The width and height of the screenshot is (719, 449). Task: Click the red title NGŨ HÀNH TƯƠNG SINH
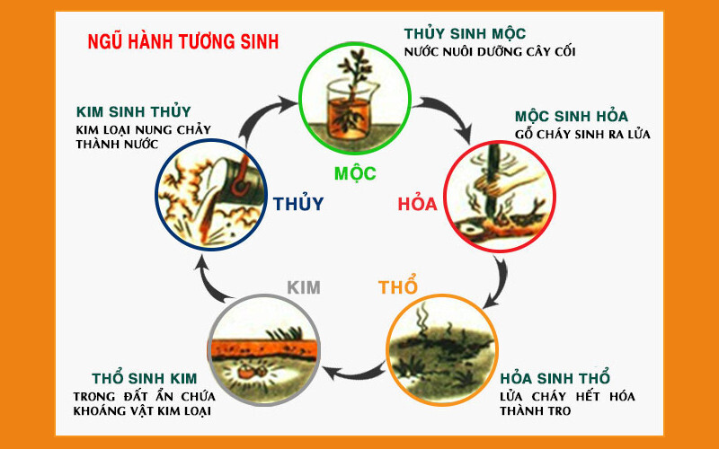pyautogui.click(x=182, y=41)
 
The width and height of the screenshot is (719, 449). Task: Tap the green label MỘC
pyautogui.click(x=355, y=173)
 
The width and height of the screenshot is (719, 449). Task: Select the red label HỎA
pyautogui.click(x=417, y=204)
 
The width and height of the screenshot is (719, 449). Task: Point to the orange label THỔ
pyautogui.click(x=397, y=288)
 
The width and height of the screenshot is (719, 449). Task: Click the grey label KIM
pyautogui.click(x=304, y=288)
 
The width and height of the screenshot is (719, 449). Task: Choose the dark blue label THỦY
pyautogui.click(x=298, y=204)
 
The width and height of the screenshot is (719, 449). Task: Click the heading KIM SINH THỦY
pyautogui.click(x=134, y=112)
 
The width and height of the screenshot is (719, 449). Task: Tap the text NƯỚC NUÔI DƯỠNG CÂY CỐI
pyautogui.click(x=490, y=51)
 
